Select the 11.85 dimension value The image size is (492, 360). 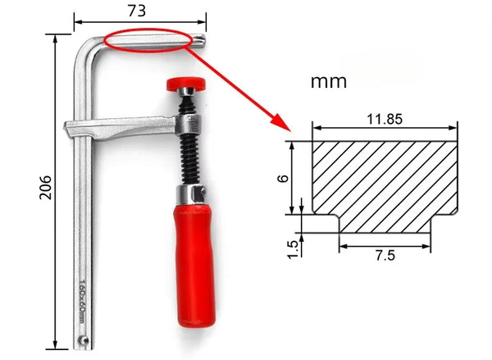(x=384, y=118)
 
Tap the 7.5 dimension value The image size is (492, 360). (x=385, y=255)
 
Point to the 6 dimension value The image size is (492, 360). (x=282, y=177)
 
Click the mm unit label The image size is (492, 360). (x=329, y=82)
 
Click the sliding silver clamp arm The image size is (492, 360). (x=123, y=129)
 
